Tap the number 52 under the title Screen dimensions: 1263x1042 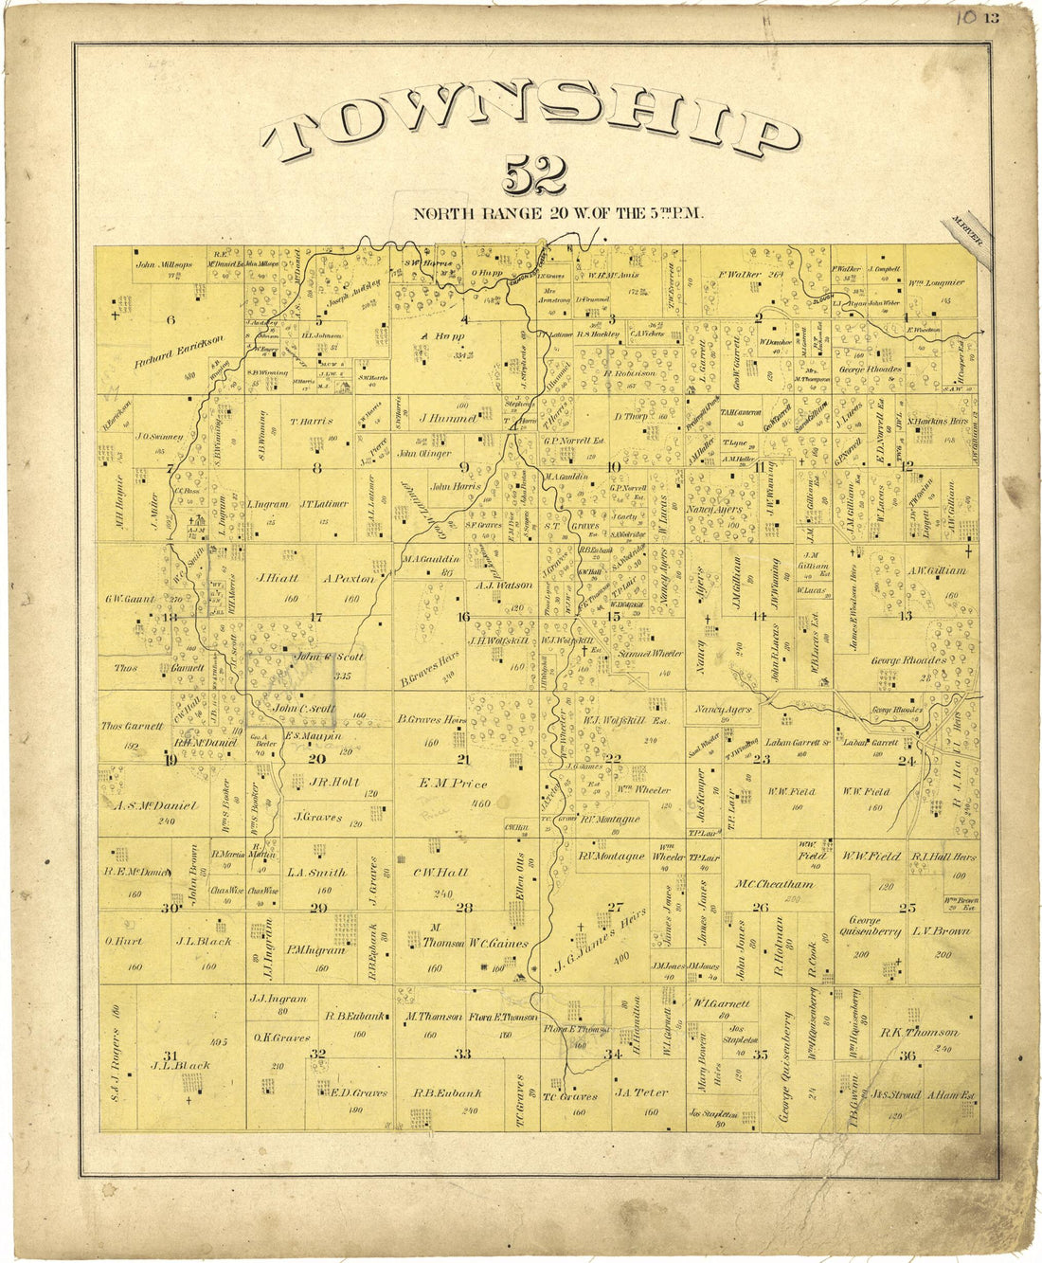coord(535,174)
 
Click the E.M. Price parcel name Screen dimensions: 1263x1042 coord(453,784)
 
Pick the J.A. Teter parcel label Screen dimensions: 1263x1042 coord(641,1092)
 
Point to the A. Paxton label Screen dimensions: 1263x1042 coord(349,578)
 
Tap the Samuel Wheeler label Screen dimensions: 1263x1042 coord(649,655)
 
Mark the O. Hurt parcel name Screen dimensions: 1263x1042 coord(124,942)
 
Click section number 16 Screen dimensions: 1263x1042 coord(463,617)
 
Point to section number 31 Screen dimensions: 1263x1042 coord(171,1056)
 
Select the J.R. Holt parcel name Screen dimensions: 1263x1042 coord(332,783)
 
